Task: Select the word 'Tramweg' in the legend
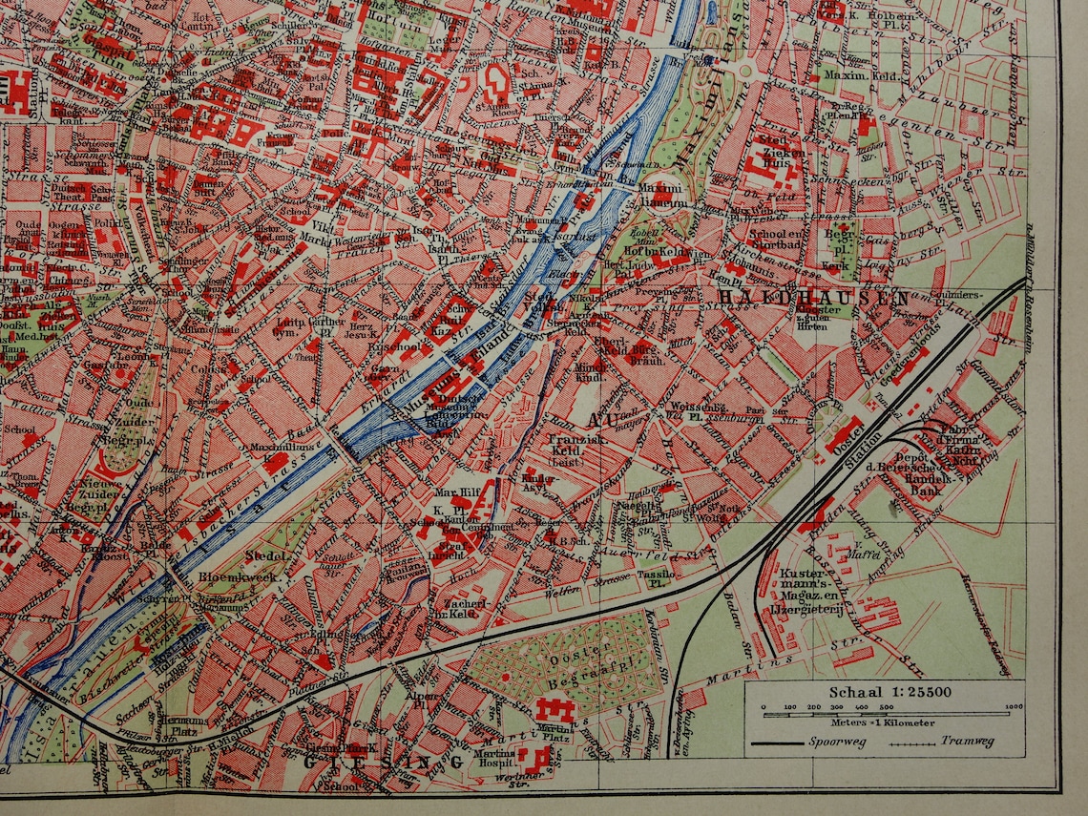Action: tap(967, 742)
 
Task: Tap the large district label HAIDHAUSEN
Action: tap(812, 298)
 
